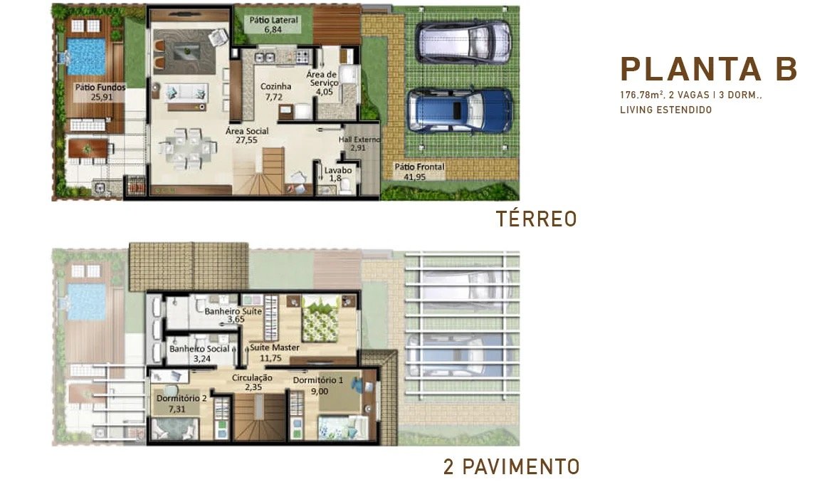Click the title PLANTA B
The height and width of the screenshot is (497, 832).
[709, 69]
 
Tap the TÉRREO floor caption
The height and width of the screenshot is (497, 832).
[536, 219]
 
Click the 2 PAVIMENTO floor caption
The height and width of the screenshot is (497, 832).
[510, 467]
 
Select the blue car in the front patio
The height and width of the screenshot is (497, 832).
[459, 110]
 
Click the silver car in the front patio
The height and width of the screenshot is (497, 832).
[463, 42]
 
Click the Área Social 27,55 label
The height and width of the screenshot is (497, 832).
[246, 136]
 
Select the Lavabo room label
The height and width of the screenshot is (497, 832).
[337, 174]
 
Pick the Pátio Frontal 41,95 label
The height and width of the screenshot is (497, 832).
[419, 172]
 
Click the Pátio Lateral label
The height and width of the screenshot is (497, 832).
[273, 24]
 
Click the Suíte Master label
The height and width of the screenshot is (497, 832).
[274, 352]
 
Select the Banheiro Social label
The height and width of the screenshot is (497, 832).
[199, 353]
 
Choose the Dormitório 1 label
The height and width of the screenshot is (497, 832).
[318, 385]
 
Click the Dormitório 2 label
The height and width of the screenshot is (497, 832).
[181, 403]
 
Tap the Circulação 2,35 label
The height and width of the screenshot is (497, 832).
[253, 382]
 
